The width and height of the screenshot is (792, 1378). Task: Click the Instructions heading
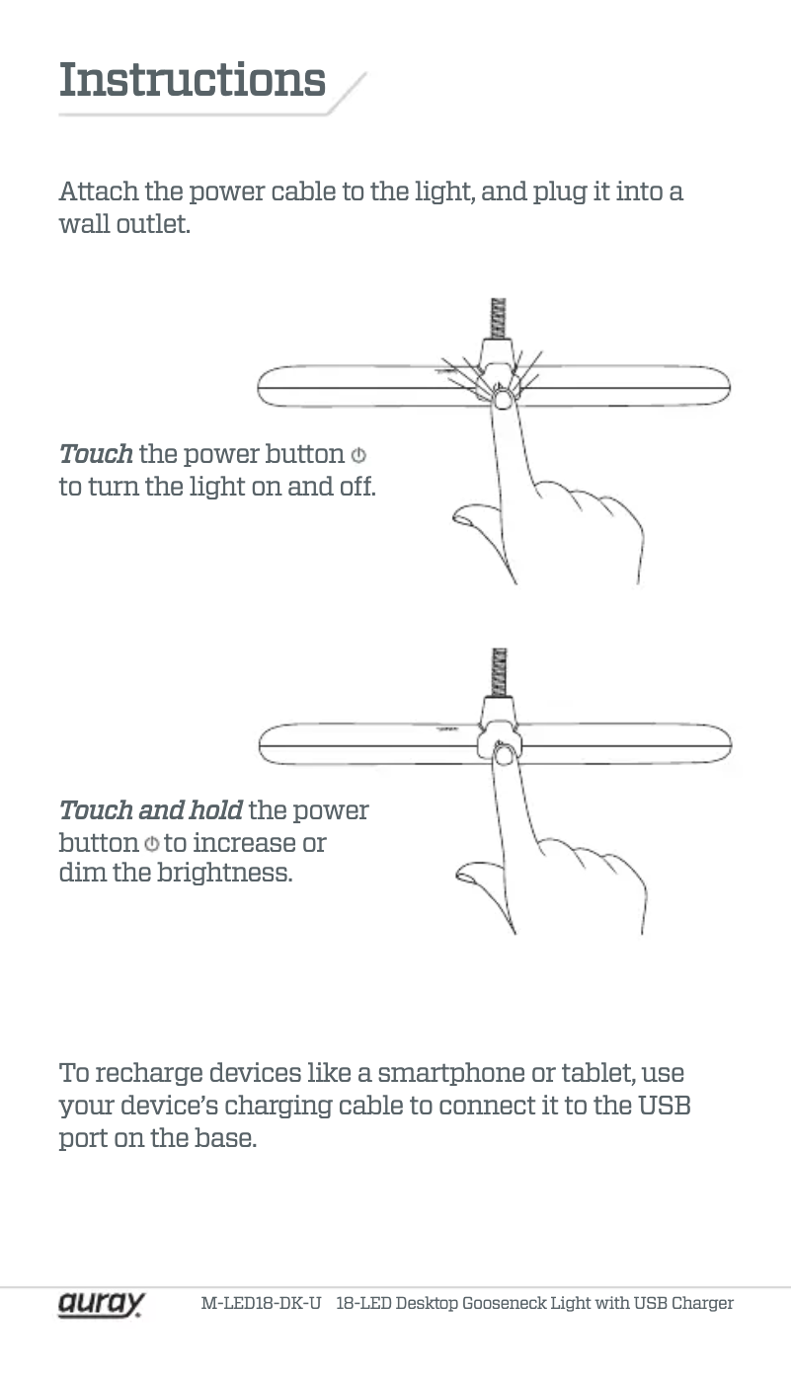pyautogui.click(x=192, y=80)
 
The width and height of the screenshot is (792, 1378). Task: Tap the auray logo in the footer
pyautogui.click(x=102, y=1303)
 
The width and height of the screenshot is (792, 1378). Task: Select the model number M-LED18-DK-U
pyautogui.click(x=261, y=1303)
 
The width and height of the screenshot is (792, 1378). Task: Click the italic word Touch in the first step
pyautogui.click(x=96, y=454)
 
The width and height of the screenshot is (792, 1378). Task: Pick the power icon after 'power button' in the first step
pyautogui.click(x=358, y=455)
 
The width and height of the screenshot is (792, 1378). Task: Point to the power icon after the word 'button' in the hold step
pyautogui.click(x=151, y=843)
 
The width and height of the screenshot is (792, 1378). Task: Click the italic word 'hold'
pyautogui.click(x=215, y=810)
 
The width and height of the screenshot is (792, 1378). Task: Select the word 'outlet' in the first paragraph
pyautogui.click(x=153, y=224)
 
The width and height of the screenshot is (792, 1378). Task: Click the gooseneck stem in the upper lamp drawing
pyautogui.click(x=498, y=318)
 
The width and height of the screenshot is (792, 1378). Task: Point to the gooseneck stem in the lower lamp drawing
pyautogui.click(x=499, y=672)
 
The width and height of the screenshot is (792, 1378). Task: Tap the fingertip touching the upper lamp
pyautogui.click(x=503, y=399)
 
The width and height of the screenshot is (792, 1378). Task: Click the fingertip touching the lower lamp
pyautogui.click(x=504, y=754)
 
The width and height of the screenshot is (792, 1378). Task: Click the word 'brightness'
pyautogui.click(x=224, y=873)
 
